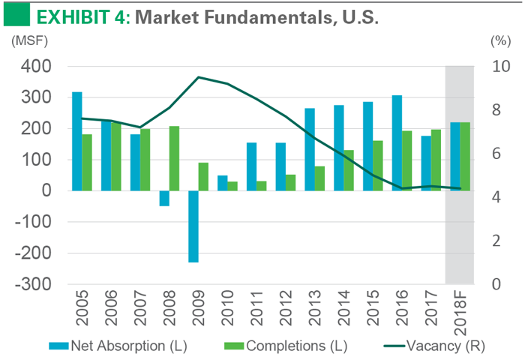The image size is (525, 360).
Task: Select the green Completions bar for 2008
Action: coord(174,158)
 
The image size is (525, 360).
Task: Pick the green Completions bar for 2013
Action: coord(319,178)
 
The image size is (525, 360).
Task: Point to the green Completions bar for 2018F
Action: coord(465,156)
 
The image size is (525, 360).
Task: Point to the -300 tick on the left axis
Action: coord(33,284)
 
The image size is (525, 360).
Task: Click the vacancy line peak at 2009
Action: coord(198,77)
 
